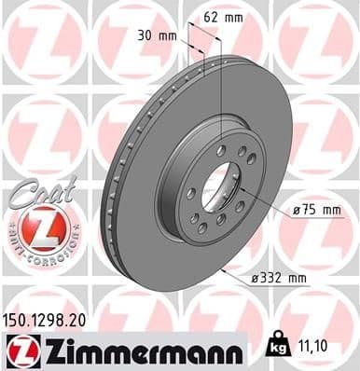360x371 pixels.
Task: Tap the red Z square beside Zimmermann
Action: point(21,350)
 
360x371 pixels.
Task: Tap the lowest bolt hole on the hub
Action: point(216,230)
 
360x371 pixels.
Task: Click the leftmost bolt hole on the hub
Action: point(189,194)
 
